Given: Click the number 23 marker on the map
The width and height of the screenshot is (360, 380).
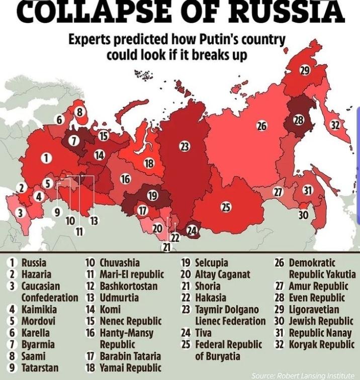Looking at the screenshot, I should [x=185, y=146].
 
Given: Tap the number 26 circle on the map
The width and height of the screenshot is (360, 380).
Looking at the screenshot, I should [x=261, y=126].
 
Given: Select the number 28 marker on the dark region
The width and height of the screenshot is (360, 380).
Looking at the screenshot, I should [x=299, y=120].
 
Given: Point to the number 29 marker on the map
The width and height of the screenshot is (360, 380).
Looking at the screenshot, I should [x=305, y=70].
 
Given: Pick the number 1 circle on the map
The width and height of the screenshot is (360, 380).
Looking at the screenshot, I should [x=46, y=158].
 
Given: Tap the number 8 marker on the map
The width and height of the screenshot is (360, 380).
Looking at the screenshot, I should [x=79, y=112].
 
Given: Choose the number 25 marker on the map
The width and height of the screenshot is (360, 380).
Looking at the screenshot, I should [x=226, y=207].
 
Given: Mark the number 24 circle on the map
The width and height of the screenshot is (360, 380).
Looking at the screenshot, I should [x=192, y=231].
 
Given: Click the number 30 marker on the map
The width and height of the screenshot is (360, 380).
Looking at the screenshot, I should [x=303, y=215].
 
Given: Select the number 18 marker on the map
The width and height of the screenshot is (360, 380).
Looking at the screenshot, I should [x=149, y=163].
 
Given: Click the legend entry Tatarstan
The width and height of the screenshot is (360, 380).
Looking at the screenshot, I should [x=33, y=367].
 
